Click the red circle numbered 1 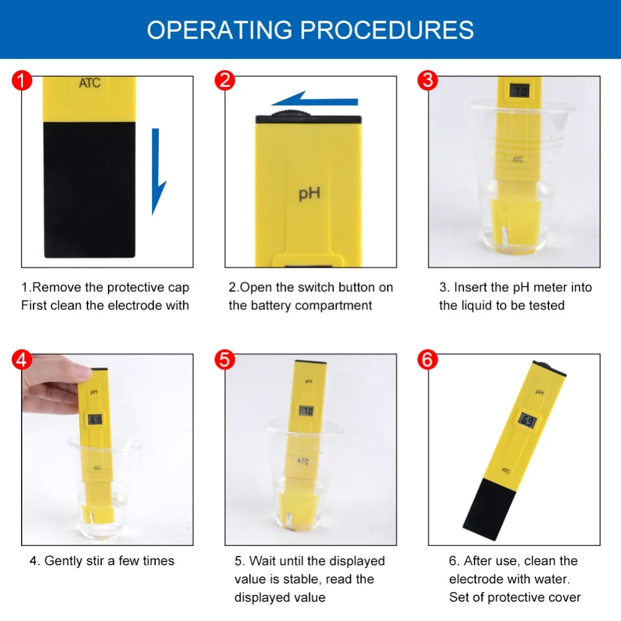click(x=22, y=80)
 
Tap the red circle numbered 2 click(x=225, y=80)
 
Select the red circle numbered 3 click(x=428, y=80)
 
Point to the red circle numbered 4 click(x=22, y=360)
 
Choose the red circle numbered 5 click(x=225, y=360)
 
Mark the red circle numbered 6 click(x=428, y=360)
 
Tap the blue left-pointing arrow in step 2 click(x=314, y=99)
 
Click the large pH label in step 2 click(x=309, y=193)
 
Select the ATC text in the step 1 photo click(x=89, y=83)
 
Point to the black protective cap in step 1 click(x=89, y=189)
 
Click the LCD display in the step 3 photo click(x=519, y=91)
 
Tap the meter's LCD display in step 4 click(x=95, y=419)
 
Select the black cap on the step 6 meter click(x=490, y=509)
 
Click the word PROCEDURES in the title click(x=386, y=30)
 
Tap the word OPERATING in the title click(x=220, y=30)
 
